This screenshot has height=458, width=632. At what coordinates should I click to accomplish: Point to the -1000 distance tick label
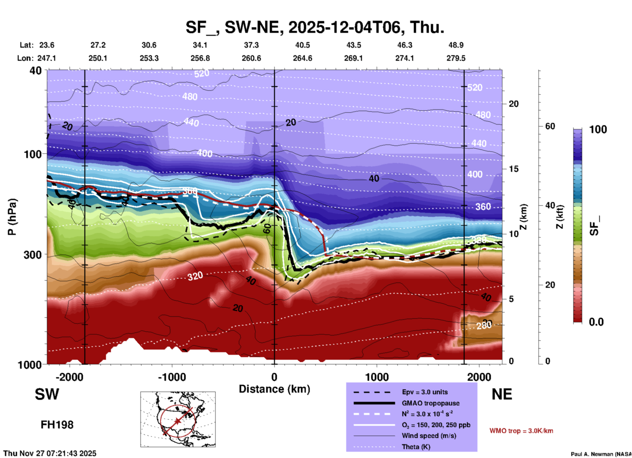click(x=171, y=377)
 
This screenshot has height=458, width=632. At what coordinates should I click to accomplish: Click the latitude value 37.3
click(x=251, y=45)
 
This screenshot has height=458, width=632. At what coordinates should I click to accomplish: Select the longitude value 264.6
click(x=302, y=58)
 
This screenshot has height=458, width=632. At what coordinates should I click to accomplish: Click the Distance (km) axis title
click(x=274, y=389)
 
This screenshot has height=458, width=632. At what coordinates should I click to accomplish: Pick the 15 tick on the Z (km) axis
click(x=514, y=169)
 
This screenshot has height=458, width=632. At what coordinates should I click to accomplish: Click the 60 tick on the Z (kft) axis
click(x=550, y=126)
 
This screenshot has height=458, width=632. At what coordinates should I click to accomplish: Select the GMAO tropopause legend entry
click(x=430, y=403)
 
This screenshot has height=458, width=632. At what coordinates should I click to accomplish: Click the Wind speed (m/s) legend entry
click(x=430, y=436)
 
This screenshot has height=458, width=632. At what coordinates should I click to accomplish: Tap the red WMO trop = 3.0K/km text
click(x=521, y=431)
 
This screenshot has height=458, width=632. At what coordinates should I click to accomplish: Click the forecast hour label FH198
click(x=57, y=425)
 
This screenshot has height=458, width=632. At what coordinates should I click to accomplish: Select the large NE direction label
click(x=502, y=394)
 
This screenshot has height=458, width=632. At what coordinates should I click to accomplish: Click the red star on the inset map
click(x=178, y=421)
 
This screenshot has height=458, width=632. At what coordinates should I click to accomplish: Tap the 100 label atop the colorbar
click(x=598, y=129)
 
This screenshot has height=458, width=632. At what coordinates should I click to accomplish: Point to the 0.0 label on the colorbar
click(x=596, y=322)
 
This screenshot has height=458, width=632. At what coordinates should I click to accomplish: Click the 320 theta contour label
click(x=195, y=276)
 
